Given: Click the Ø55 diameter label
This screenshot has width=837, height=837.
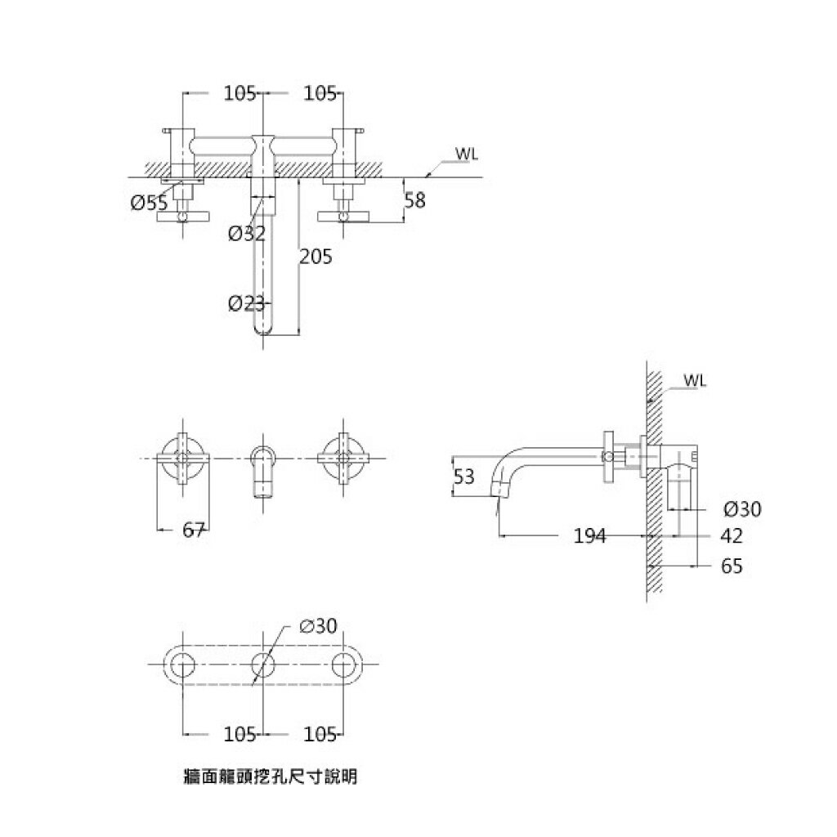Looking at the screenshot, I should pyautogui.click(x=149, y=204).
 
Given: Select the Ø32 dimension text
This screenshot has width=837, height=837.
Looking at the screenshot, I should pyautogui.click(x=247, y=233).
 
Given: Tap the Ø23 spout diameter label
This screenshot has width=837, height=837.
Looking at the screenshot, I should pyautogui.click(x=247, y=304).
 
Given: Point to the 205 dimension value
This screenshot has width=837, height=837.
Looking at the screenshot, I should pyautogui.click(x=316, y=257).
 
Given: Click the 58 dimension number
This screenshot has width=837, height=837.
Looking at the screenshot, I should pyautogui.click(x=415, y=200).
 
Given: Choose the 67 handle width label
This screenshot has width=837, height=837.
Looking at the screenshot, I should pyautogui.click(x=193, y=530).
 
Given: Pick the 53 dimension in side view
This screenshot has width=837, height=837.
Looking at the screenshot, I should pyautogui.click(x=464, y=477).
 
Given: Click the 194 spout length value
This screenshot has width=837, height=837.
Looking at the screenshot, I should pyautogui.click(x=589, y=536).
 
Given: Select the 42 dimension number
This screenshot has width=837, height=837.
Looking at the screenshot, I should pyautogui.click(x=732, y=536).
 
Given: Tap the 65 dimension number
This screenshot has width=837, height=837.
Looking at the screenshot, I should pyautogui.click(x=732, y=566).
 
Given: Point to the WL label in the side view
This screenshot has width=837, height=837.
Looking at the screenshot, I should pyautogui.click(x=696, y=381).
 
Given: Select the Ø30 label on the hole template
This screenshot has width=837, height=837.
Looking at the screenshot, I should pyautogui.click(x=318, y=626).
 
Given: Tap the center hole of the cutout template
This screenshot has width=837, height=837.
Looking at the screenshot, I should pyautogui.click(x=261, y=666).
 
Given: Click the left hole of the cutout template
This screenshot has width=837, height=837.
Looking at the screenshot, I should pyautogui.click(x=183, y=666).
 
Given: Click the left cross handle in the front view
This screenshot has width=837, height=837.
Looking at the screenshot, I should pyautogui.click(x=183, y=458).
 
